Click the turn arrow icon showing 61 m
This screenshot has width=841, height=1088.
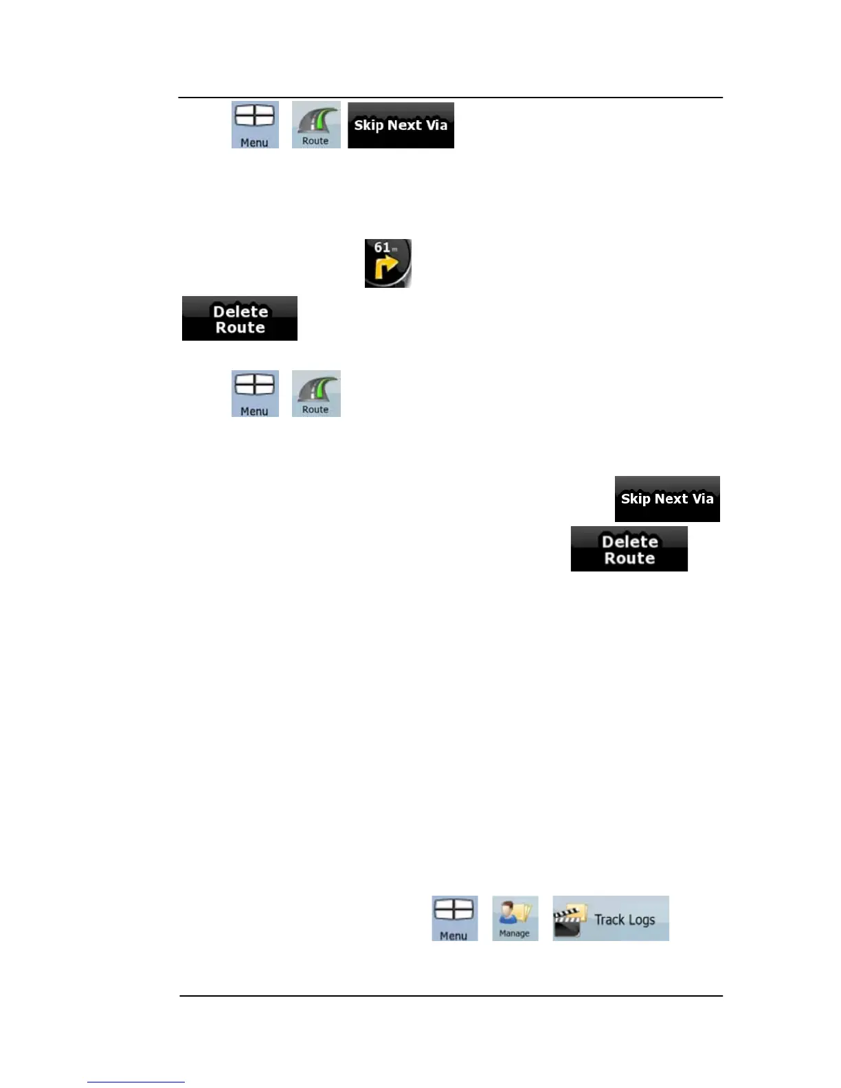point(388,263)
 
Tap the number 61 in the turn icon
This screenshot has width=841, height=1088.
point(382,247)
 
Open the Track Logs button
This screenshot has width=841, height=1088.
point(610,918)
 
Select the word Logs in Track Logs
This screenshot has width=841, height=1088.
point(640,920)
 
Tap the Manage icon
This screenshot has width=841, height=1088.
point(515,918)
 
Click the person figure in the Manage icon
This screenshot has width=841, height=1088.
point(509,914)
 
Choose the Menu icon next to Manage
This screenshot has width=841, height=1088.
point(454,918)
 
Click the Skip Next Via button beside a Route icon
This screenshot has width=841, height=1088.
point(401,125)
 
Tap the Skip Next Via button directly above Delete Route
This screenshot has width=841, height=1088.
point(667,499)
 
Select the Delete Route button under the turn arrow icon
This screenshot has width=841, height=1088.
point(240,319)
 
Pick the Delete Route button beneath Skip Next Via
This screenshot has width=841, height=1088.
point(629,549)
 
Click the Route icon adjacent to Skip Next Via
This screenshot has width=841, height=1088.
point(316,124)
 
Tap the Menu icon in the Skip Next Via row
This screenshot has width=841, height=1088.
point(255,125)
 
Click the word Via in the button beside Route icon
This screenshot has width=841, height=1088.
point(436,125)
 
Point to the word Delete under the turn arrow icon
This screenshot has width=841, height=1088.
point(240,311)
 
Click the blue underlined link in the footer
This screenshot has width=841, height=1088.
point(136,1081)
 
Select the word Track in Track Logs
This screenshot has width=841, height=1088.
point(609,919)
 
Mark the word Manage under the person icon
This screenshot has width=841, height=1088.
point(514,933)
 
